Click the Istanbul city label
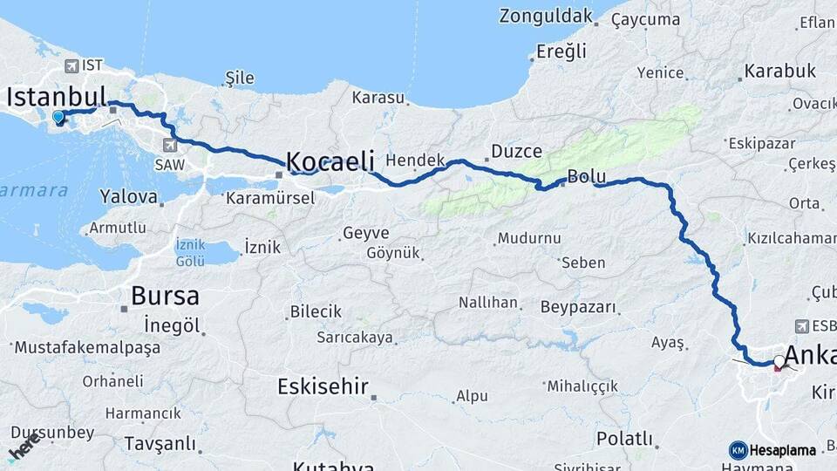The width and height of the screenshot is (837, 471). click(56, 96)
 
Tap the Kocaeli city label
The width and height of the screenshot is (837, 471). click(330, 161)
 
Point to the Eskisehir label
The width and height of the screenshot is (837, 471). click(323, 386)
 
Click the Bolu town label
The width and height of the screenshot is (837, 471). click(586, 176)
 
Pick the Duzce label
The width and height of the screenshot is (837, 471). click(516, 151)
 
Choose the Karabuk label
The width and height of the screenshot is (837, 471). click(779, 72)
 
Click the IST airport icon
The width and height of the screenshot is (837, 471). click(71, 66)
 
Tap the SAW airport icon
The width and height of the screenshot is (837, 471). click(168, 145)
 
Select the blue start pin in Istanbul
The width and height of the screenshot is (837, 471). click(58, 118)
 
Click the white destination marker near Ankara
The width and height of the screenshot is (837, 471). click(779, 359)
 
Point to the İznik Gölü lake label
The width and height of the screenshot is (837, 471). click(190, 252)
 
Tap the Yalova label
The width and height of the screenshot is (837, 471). click(128, 196)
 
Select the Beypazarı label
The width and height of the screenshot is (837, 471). click(578, 307)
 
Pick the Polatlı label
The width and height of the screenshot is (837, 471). click(624, 437)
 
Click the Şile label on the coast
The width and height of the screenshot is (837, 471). click(240, 78)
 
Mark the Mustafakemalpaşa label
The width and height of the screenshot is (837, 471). click(88, 348)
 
